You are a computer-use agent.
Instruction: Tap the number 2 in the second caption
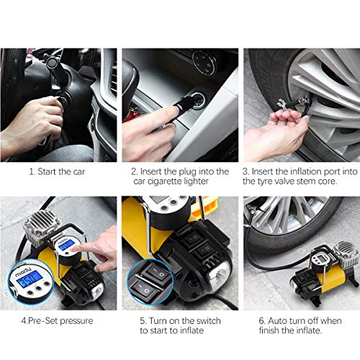134,171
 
